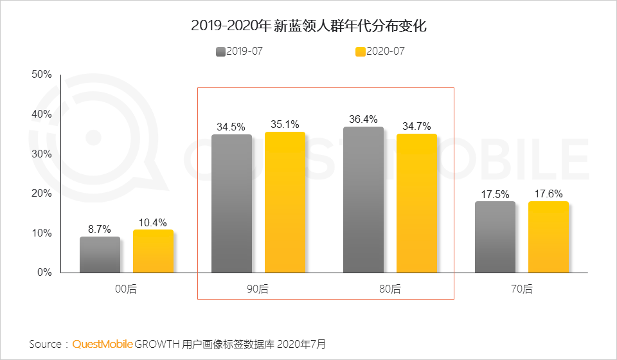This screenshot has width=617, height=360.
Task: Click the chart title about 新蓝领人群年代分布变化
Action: (308, 26)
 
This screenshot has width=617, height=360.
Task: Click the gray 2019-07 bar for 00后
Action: (100, 255)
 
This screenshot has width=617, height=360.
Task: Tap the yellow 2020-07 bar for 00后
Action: (153, 251)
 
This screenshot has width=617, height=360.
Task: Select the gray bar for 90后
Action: (231, 204)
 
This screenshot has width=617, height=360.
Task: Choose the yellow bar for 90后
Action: (285, 203)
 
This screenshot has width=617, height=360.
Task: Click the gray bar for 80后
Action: (363, 200)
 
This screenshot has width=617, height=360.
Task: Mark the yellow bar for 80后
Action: (416, 203)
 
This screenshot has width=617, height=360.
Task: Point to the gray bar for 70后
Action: (495, 237)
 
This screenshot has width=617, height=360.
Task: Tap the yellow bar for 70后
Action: (548, 237)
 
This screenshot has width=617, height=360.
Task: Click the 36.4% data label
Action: (363, 119)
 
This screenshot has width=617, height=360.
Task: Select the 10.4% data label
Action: (153, 222)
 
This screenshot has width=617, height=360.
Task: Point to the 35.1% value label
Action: (285, 124)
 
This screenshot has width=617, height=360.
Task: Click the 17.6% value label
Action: (548, 194)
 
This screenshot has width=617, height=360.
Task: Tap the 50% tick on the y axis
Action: (41, 75)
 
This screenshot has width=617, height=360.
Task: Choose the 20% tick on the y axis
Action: (41, 194)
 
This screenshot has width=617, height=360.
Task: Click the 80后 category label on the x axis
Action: (389, 289)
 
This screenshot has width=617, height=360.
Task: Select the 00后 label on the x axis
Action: (126, 289)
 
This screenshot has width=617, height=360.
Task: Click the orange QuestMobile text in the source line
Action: (102, 344)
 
